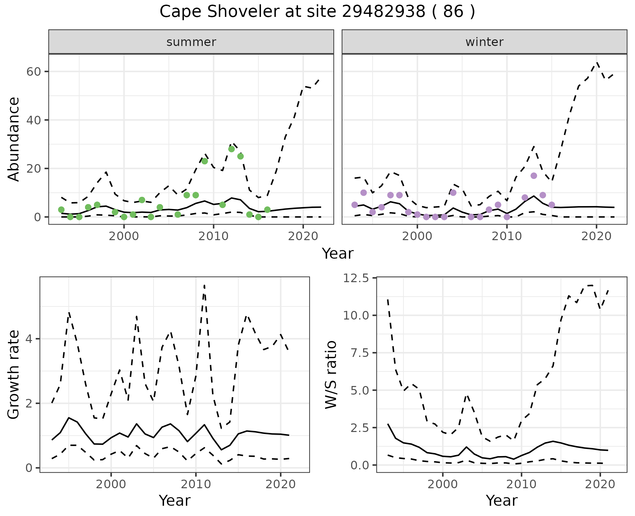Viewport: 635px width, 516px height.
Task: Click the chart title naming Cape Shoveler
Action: click(x=317, y=12)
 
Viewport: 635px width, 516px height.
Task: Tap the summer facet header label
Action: click(x=191, y=42)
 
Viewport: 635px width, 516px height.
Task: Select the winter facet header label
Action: click(x=484, y=42)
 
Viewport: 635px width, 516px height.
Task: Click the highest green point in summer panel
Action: click(x=232, y=149)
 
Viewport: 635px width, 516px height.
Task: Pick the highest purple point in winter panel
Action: click(x=534, y=176)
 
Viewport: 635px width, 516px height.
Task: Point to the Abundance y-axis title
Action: click(x=14, y=139)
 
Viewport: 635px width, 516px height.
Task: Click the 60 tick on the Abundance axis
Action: click(x=33, y=72)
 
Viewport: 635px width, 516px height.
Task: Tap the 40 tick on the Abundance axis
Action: click(x=33, y=120)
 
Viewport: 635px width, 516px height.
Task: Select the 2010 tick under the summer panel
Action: click(x=214, y=236)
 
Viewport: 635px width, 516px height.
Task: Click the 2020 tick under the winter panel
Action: click(x=596, y=236)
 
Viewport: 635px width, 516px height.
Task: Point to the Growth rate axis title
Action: click(x=14, y=374)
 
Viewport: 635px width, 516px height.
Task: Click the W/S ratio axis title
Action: click(x=331, y=374)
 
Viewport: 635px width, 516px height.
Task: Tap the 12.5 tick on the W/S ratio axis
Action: click(x=356, y=278)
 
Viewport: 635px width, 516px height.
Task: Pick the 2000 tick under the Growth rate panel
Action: click(x=111, y=484)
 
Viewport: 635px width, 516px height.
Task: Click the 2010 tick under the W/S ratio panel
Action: click(x=521, y=484)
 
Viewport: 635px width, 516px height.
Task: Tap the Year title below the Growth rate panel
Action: click(x=175, y=500)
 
